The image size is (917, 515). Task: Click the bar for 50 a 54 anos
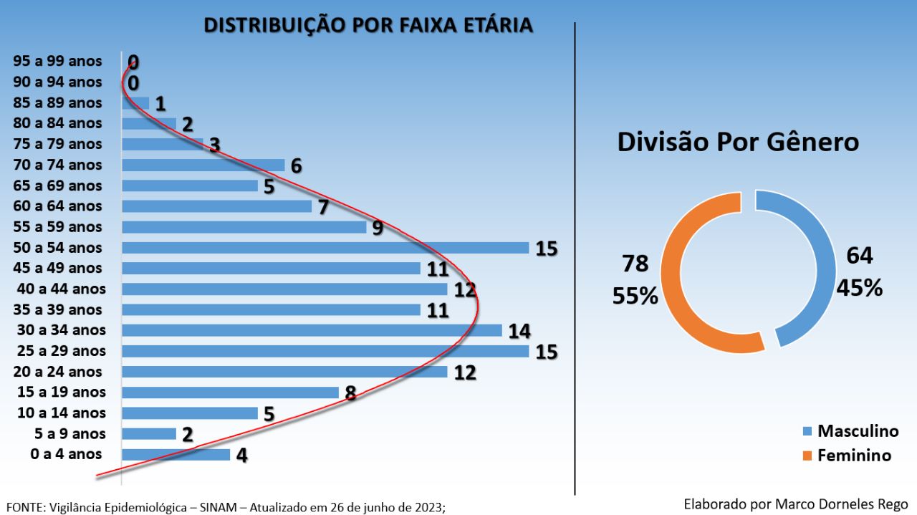325,248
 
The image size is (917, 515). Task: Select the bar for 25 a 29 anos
325,351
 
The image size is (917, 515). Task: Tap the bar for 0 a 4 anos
176,454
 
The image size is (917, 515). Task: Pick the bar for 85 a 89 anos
135,103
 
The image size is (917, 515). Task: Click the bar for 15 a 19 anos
230,393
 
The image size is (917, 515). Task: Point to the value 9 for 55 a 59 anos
378,228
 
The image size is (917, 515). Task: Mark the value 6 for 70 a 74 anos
296,166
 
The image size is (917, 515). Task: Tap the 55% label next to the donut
635,296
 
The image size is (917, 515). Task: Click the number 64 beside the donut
860,256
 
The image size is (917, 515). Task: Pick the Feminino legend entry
854,455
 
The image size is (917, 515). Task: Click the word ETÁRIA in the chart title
496,25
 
